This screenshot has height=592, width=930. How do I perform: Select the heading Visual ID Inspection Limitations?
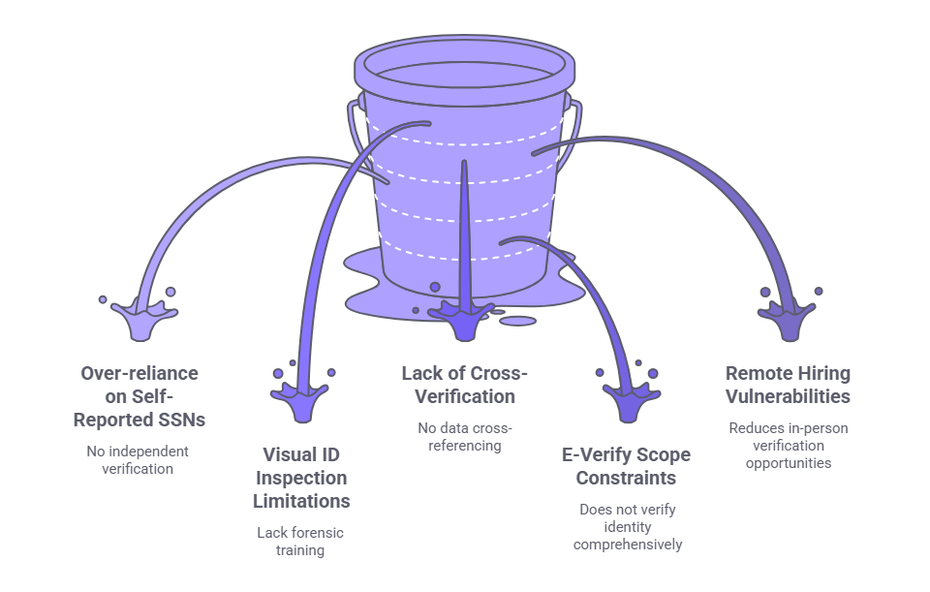[301, 478]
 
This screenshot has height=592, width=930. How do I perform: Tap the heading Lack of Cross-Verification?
[464, 385]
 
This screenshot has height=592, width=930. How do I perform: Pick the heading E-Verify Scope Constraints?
[627, 465]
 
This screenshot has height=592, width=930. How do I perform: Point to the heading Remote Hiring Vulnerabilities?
[787, 385]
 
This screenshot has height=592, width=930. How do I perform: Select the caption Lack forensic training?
[300, 541]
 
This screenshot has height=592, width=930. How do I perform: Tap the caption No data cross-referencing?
[464, 437]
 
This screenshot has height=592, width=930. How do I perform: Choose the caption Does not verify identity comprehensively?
[627, 526]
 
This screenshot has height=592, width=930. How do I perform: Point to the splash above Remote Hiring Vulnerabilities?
[787, 316]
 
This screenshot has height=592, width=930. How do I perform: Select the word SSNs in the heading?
[183, 420]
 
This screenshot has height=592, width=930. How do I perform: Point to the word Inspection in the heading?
[301, 478]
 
